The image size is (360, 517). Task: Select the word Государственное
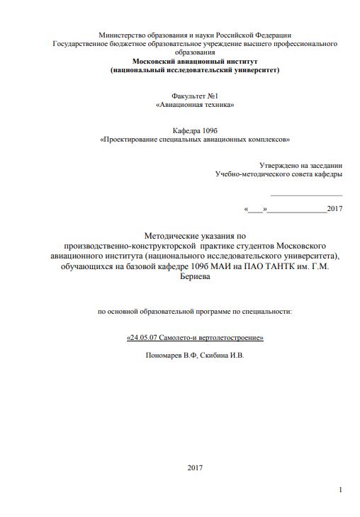pyautogui.click(x=81, y=44)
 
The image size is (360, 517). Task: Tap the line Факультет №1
pyautogui.click(x=194, y=96)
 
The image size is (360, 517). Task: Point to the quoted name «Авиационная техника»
pyautogui.click(x=194, y=105)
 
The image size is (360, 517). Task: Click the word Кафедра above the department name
pyautogui.click(x=186, y=131)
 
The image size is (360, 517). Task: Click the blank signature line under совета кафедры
pyautogui.click(x=306, y=193)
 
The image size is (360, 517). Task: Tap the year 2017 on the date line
pyautogui.click(x=335, y=209)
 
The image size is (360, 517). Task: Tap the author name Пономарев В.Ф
pyautogui.click(x=169, y=355)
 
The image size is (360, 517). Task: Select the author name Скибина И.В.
pyautogui.click(x=222, y=355)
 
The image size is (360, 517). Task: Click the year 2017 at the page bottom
pyautogui.click(x=195, y=467)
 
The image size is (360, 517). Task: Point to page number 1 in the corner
pyautogui.click(x=341, y=490)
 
